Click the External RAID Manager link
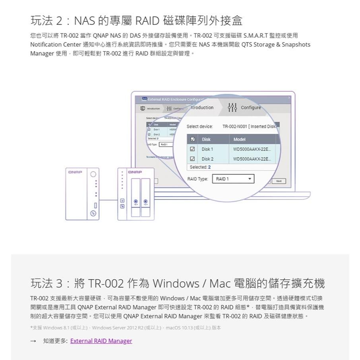(101, 341)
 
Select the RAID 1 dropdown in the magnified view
(233, 179)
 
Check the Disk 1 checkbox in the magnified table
(193, 149)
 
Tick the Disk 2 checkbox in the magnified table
(193, 159)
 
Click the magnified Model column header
(240, 139)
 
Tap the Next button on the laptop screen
(279, 181)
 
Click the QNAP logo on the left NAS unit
(75, 172)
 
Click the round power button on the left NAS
(93, 174)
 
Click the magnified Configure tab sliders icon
(232, 108)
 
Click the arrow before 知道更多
(33, 341)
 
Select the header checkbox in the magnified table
(193, 139)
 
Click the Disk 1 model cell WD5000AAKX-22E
(252, 149)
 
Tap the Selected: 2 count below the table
(200, 167)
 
